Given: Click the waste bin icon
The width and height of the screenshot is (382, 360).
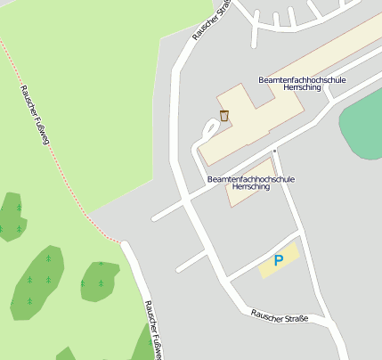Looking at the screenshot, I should point(224,115).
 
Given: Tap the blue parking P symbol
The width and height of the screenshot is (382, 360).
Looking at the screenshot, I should point(279,260).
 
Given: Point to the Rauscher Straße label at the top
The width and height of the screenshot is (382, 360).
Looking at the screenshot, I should point(211,20).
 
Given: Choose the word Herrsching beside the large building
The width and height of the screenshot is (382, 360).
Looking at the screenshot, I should point(302,88).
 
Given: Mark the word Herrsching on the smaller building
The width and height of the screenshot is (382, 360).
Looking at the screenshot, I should point(250,187).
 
